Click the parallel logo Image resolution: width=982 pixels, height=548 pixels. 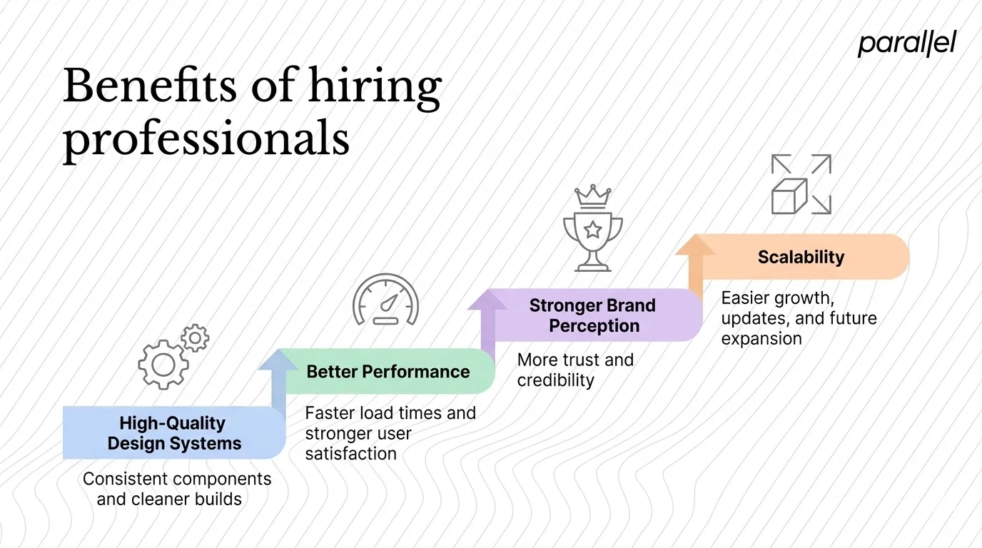coord(906,44)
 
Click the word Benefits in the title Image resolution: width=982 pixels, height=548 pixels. coord(149,86)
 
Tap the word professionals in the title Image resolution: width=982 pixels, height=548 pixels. coord(206,139)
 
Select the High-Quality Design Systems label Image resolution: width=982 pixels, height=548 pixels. coord(174,433)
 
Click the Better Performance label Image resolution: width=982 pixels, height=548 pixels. coord(388,372)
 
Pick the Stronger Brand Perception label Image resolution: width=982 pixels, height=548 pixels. coord(592,315)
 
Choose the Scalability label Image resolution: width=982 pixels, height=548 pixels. coord(801,257)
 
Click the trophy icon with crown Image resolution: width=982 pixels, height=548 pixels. coord(592,228)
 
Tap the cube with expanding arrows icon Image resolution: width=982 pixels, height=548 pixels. coord(801,185)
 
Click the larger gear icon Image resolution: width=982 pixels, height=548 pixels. coord(163,364)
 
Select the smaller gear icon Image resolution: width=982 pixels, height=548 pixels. coord(194,338)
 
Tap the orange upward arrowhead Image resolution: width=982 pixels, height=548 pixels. coord(695,245)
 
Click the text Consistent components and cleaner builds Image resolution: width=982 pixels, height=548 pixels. coord(176,489)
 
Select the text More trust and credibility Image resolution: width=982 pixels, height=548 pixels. coord(575,370)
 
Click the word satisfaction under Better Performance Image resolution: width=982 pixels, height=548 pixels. coord(350,453)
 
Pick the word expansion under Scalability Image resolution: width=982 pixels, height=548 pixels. coord(761,338)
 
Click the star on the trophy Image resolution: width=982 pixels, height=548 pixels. coord(592,229)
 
